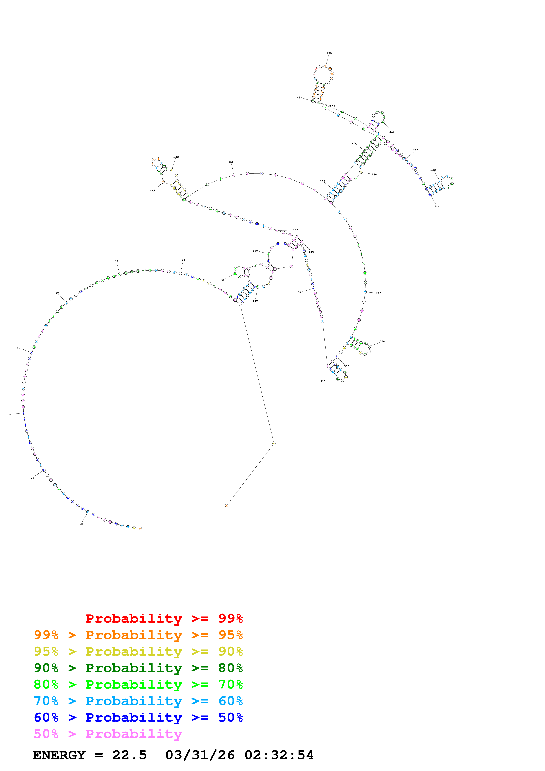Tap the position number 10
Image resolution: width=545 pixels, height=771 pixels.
[x=81, y=524]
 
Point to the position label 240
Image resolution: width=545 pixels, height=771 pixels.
[x=437, y=207]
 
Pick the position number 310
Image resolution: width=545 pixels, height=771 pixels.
[x=323, y=381]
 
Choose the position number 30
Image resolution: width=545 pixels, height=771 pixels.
[x=10, y=414]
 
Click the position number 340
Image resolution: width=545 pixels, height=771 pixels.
[x=255, y=300]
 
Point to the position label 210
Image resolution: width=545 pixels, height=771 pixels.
[x=392, y=132]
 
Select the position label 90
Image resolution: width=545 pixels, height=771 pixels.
[x=223, y=280]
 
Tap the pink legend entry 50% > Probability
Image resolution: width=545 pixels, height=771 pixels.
[x=108, y=734]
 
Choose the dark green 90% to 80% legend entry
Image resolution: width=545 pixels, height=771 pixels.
[x=138, y=668]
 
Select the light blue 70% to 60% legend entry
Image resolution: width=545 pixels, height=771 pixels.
[x=138, y=701]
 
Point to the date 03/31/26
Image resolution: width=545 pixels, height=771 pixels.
[x=200, y=755]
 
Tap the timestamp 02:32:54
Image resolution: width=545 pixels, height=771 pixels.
[x=279, y=755]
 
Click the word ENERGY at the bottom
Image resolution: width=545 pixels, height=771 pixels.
[x=59, y=755]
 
